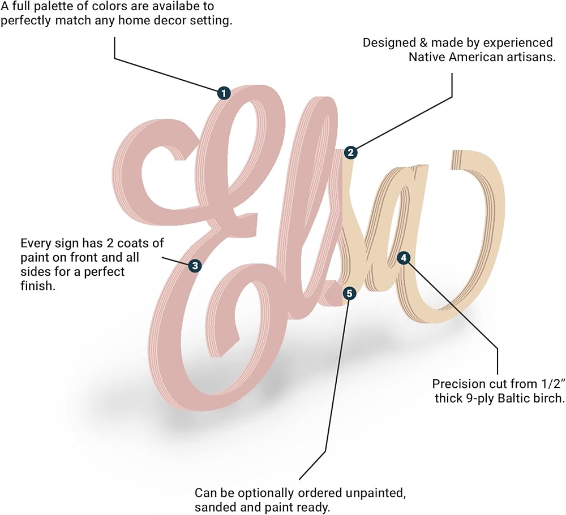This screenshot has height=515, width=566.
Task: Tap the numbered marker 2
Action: pyautogui.click(x=351, y=152)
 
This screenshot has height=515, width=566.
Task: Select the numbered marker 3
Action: pyautogui.click(x=195, y=265)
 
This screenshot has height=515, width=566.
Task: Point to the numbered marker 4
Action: pyautogui.click(x=403, y=258)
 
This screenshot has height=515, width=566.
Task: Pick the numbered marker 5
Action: pyautogui.click(x=350, y=293)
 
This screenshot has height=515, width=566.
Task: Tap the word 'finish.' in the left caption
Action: pyautogui.click(x=37, y=286)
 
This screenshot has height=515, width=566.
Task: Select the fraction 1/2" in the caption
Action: pyautogui.click(x=550, y=383)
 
